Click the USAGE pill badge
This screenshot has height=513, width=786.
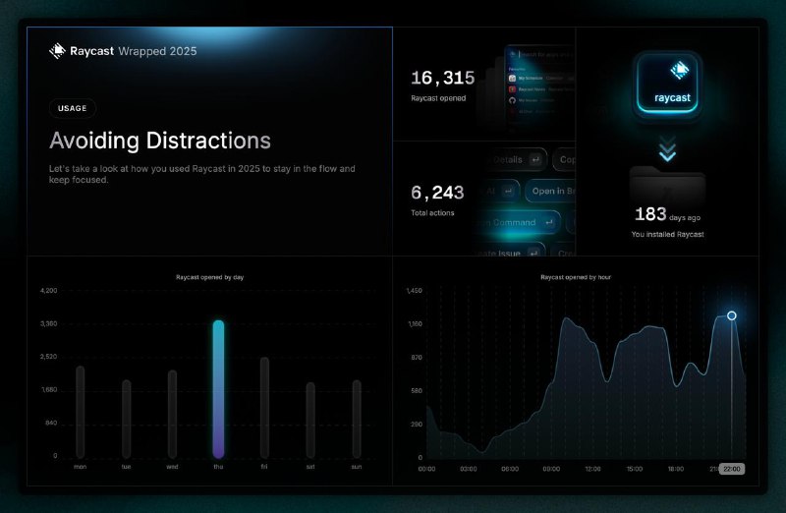pyautogui.click(x=73, y=109)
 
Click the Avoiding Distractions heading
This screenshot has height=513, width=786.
pyautogui.click(x=160, y=141)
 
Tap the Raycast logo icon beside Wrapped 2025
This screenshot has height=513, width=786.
pyautogui.click(x=57, y=51)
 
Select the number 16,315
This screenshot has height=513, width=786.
pyautogui.click(x=443, y=79)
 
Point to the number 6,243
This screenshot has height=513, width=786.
pyautogui.click(x=437, y=194)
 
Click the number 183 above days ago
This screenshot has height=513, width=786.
pyautogui.click(x=650, y=213)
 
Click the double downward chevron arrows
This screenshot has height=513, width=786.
pyautogui.click(x=668, y=151)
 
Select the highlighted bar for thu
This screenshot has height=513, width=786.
pyautogui.click(x=218, y=388)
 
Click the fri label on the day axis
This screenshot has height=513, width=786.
pyautogui.click(x=264, y=467)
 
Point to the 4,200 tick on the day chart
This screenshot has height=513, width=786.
pyautogui.click(x=49, y=291)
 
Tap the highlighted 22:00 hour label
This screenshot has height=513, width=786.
pyautogui.click(x=732, y=469)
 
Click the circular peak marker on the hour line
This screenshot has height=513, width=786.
pyautogui.click(x=732, y=315)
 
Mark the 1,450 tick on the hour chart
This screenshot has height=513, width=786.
pyautogui.click(x=414, y=291)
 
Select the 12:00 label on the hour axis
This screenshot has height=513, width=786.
pyautogui.click(x=592, y=469)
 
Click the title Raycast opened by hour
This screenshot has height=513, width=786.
pyautogui.click(x=576, y=278)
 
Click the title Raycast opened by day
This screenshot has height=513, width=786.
pyautogui.click(x=209, y=278)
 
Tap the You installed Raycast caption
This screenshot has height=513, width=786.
pyautogui.click(x=667, y=234)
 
